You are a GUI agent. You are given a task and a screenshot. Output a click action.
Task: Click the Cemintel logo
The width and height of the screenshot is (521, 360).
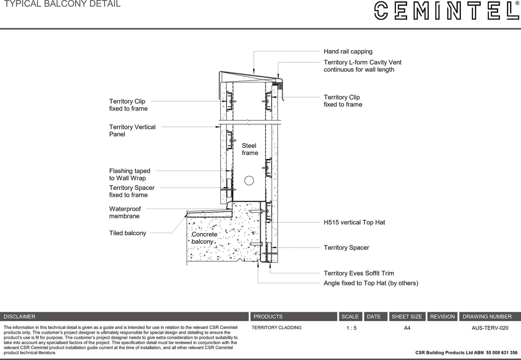click(446, 10)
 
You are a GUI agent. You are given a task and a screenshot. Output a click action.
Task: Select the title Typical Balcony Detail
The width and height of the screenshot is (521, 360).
click(62, 4)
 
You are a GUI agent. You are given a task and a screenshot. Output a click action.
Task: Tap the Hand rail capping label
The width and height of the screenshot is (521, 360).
click(348, 52)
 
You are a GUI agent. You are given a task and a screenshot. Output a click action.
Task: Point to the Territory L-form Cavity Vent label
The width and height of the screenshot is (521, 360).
click(362, 66)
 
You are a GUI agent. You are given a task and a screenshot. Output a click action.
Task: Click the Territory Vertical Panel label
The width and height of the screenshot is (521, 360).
click(132, 130)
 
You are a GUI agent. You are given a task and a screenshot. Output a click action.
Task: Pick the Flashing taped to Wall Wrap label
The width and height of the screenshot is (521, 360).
click(129, 174)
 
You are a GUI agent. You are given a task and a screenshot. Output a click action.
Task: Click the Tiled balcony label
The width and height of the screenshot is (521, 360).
click(128, 233)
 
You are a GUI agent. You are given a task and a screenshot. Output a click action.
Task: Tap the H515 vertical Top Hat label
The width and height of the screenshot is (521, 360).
click(354, 222)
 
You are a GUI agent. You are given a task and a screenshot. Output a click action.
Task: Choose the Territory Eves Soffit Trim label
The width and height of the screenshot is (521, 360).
click(359, 273)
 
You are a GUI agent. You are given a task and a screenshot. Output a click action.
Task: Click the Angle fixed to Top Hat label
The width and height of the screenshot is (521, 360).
click(370, 283)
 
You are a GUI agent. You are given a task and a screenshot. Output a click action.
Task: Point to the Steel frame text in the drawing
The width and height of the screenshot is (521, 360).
click(249, 149)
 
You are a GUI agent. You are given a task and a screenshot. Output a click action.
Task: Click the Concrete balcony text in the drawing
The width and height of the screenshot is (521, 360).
click(204, 238)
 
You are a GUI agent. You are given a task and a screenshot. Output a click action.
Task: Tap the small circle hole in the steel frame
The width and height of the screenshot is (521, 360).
click(249, 180)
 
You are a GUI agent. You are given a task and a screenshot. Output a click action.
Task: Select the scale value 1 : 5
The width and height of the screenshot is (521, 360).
click(351, 328)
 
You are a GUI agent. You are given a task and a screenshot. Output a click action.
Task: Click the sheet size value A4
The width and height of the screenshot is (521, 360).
click(407, 328)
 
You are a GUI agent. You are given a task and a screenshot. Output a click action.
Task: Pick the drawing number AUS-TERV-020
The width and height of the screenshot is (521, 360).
click(490, 328)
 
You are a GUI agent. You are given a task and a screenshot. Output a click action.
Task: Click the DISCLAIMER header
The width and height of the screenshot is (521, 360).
click(20, 316)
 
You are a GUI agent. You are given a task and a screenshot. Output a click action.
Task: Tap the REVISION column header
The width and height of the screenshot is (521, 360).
click(442, 316)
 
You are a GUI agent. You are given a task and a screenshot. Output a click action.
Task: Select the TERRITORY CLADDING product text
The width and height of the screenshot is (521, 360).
click(277, 328)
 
